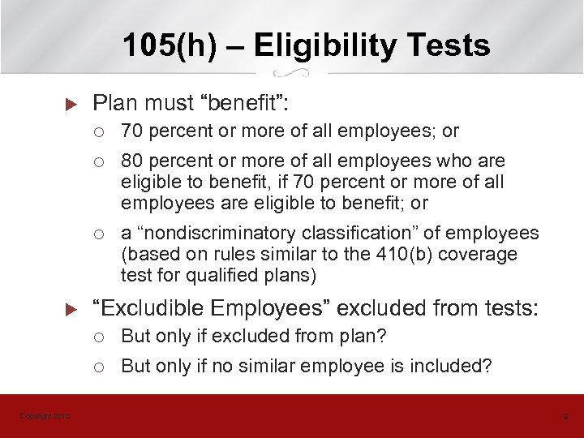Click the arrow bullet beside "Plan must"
pos(69,104)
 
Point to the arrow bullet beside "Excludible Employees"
pos(69,309)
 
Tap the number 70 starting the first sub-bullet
pos(131,131)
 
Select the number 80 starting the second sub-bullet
pos(131,161)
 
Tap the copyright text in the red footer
pos(45,416)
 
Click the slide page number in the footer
pos(565,416)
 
